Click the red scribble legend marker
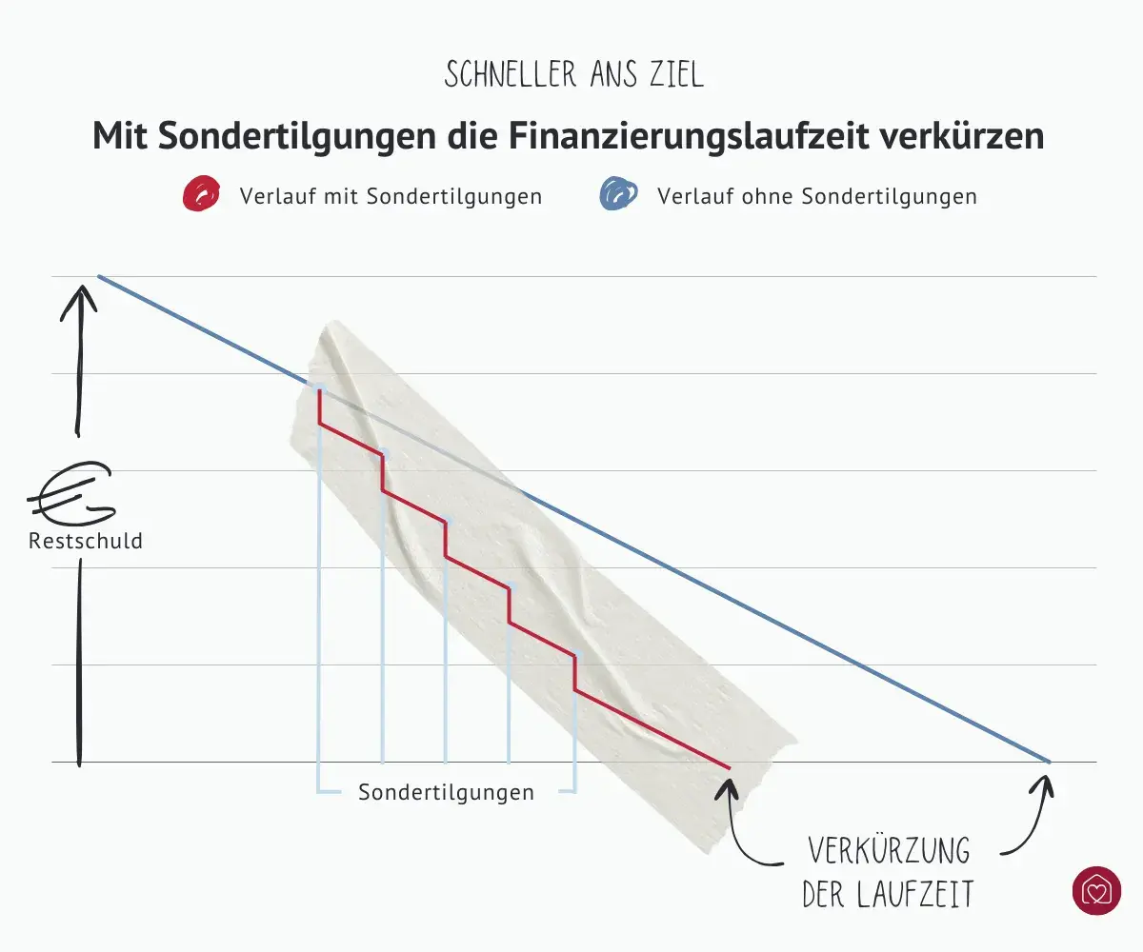tap(200, 195)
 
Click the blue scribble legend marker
tap(617, 195)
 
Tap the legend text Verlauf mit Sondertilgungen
tap(391, 197)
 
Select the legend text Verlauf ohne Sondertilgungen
tap(816, 197)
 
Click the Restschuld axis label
tap(86, 542)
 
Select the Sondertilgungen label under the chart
tap(446, 792)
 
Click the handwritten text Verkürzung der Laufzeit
tap(888, 871)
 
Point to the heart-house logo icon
tap(1096, 890)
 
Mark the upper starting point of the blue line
tap(99, 277)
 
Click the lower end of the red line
tap(729, 766)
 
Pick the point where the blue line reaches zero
tap(1048, 762)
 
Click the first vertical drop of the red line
tap(319, 407)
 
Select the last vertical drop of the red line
tap(574, 672)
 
